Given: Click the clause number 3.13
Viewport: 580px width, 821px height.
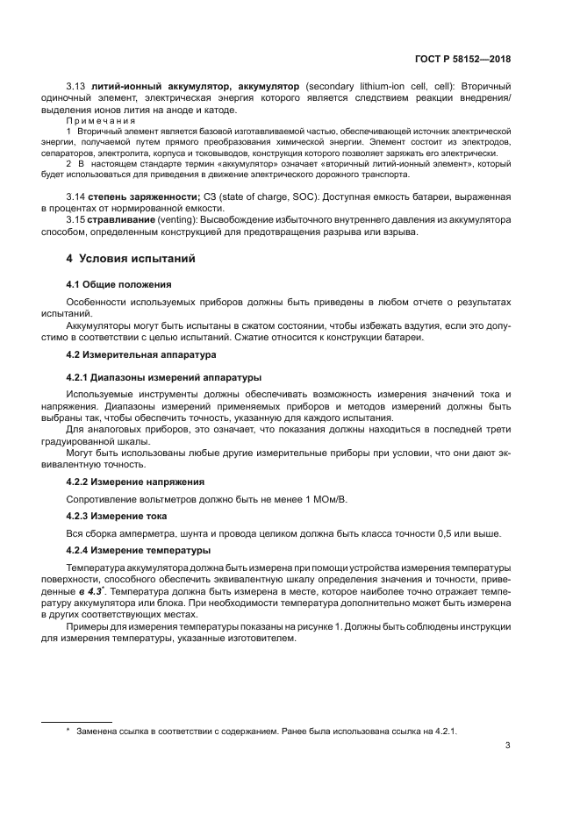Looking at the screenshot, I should (x=76, y=86).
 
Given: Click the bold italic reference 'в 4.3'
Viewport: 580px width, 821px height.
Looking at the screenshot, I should (x=92, y=592).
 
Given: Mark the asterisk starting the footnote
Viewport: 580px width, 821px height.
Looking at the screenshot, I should (x=68, y=730).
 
